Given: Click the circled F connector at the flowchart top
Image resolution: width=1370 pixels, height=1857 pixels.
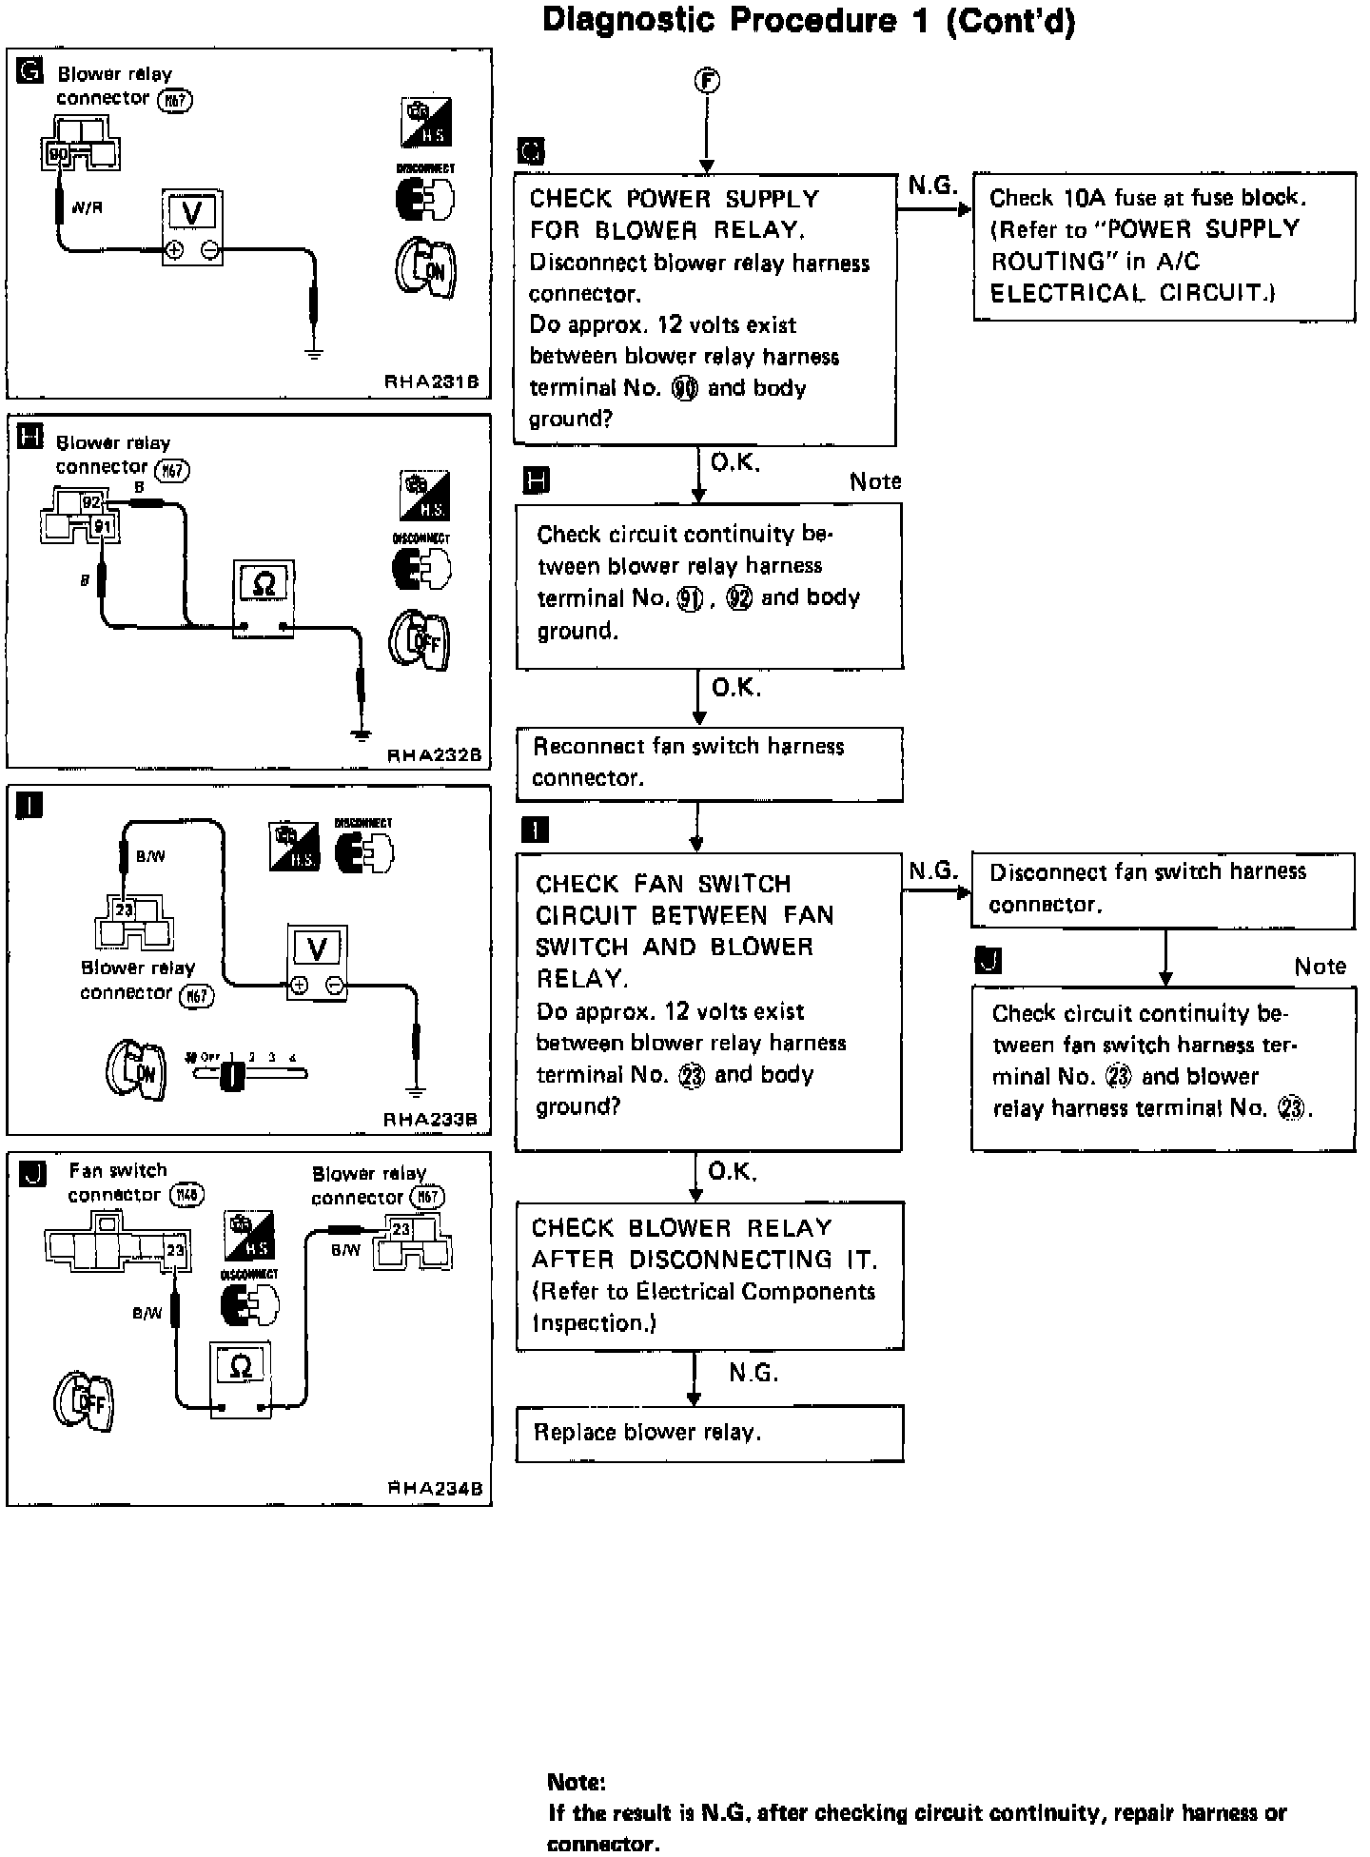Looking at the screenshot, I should (x=706, y=83).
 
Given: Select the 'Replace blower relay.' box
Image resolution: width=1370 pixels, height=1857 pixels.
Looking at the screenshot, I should (x=709, y=1433).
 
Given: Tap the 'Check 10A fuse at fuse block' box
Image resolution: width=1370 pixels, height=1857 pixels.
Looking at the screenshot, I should (x=1164, y=245).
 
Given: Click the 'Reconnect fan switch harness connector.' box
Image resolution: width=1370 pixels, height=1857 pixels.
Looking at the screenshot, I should (x=709, y=763).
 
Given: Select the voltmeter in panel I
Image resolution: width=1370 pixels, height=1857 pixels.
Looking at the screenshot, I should (x=318, y=962).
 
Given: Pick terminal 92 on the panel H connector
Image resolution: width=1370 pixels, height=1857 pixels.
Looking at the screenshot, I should (x=91, y=502).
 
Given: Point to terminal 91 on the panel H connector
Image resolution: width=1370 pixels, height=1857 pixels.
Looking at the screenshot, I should (x=103, y=526).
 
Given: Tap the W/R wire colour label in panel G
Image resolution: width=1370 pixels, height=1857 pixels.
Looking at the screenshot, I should (x=87, y=207).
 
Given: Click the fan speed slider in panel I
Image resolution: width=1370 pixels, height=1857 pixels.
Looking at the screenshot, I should (x=249, y=1074).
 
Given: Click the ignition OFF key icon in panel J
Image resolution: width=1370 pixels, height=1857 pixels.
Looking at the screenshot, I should (x=84, y=1400).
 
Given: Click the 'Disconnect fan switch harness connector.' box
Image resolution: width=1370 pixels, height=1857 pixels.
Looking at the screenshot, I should (x=1163, y=889).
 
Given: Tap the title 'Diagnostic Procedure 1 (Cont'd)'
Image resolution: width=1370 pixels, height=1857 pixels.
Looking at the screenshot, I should (x=809, y=21).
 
